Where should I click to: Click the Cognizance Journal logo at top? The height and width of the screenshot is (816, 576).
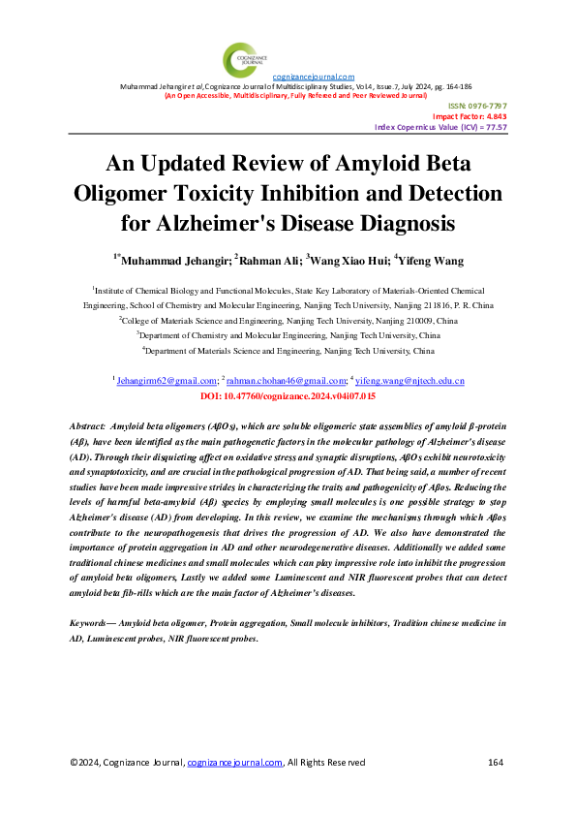[x=240, y=57]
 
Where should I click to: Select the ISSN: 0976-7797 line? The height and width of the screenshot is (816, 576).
[x=476, y=105]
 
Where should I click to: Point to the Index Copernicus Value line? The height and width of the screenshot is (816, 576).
[x=440, y=127]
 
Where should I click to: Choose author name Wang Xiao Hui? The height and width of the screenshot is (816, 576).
[x=350, y=260]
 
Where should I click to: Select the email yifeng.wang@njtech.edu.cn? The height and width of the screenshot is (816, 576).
[x=410, y=382]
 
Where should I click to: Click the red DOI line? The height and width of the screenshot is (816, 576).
[x=288, y=397]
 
